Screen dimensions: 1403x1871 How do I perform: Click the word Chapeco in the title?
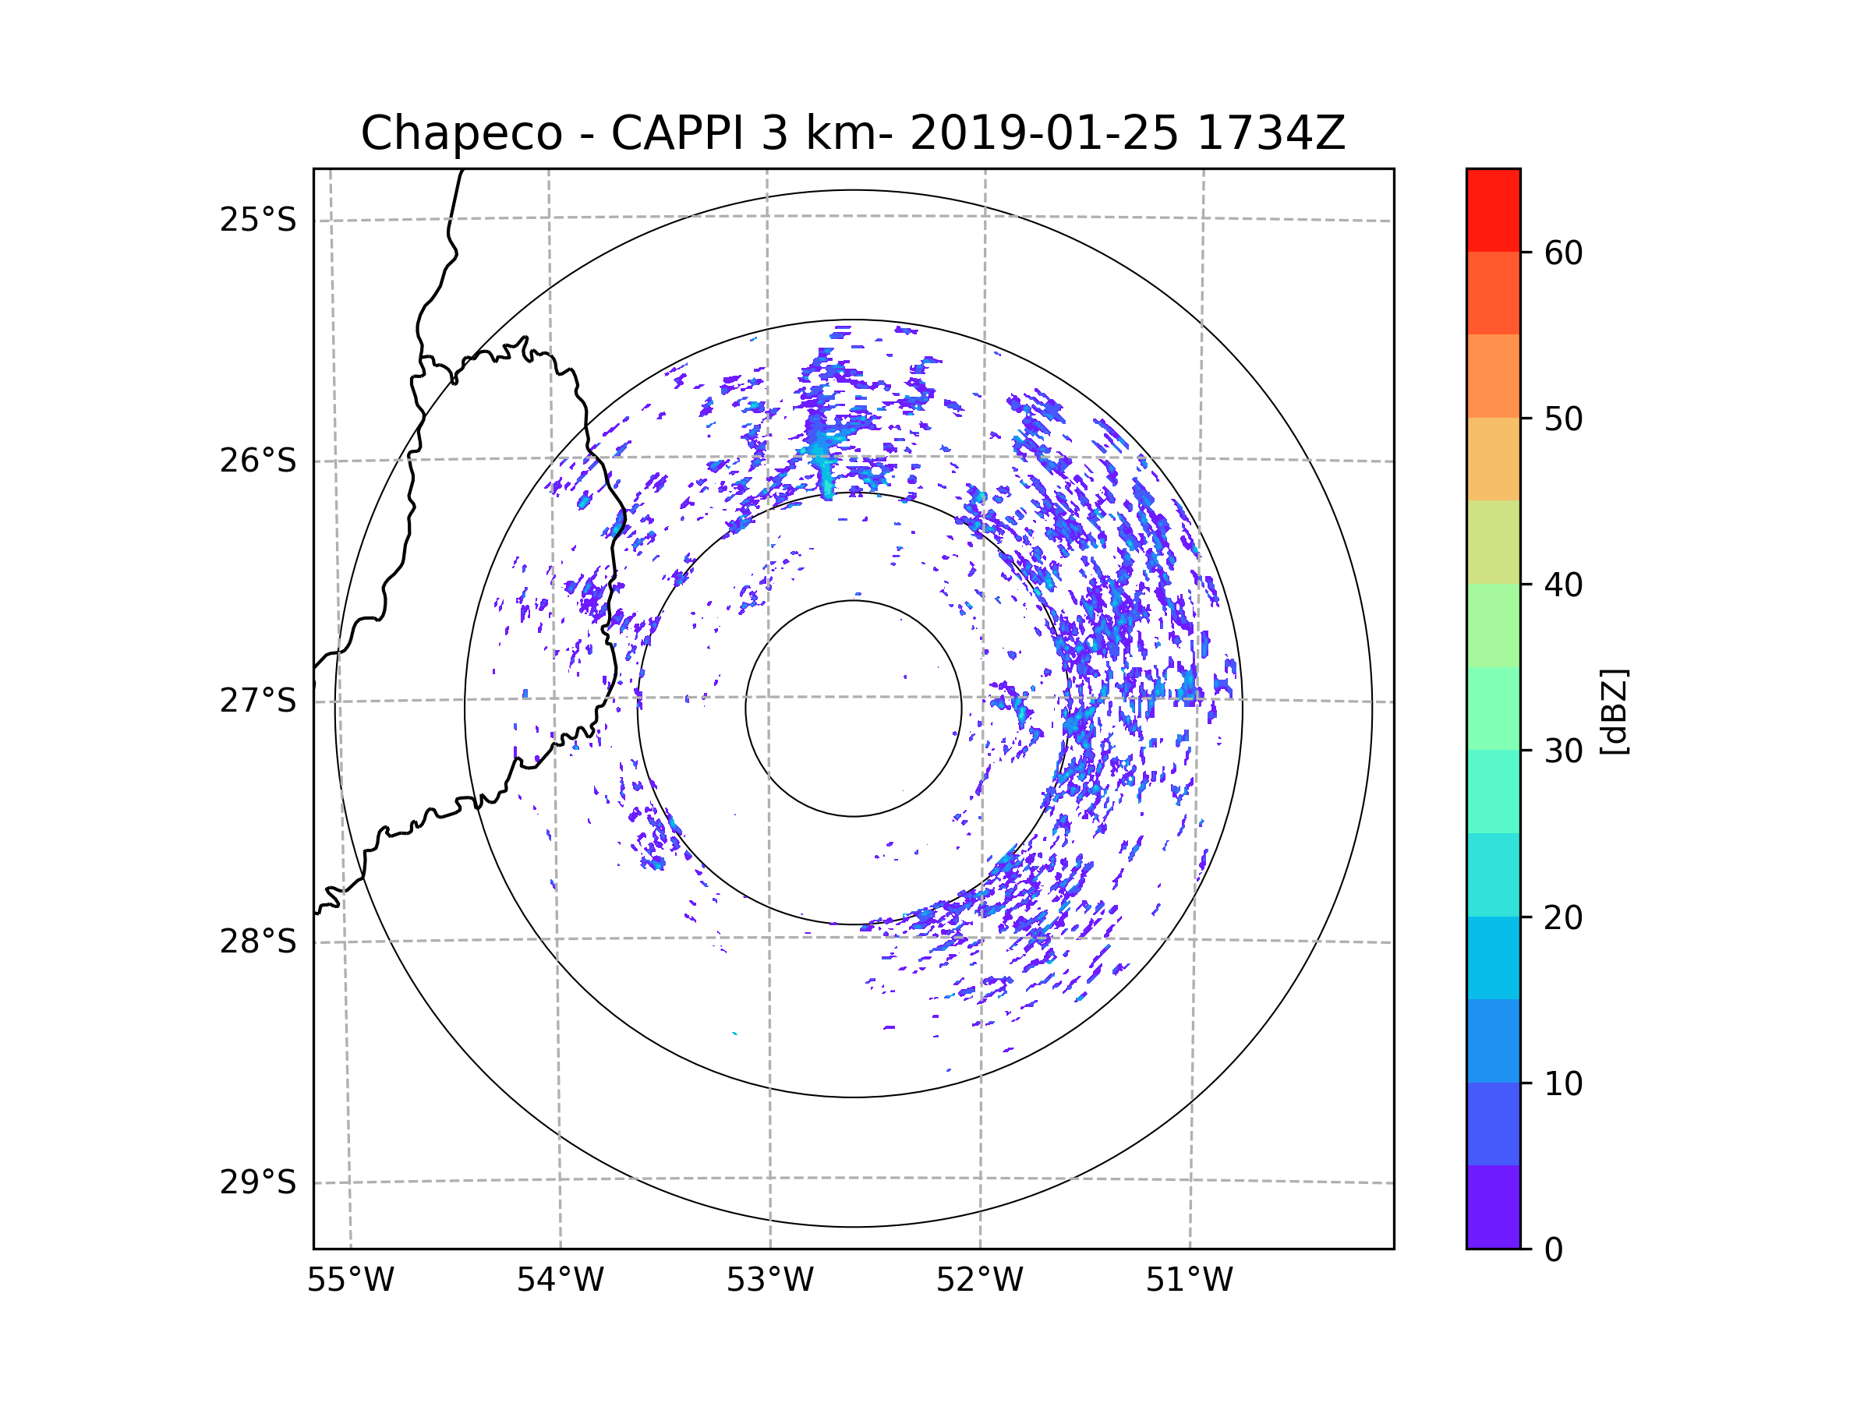coord(461,133)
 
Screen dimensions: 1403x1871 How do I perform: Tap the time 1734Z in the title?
coord(1271,133)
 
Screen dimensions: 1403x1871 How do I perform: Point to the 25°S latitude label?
coord(258,220)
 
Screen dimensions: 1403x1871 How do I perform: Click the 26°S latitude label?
coord(258,461)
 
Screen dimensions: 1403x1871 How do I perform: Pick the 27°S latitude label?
coord(258,701)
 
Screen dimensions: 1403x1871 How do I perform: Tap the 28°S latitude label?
coord(258,942)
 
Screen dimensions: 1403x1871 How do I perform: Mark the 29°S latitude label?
coord(258,1182)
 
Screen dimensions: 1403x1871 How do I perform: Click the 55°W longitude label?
coord(350,1281)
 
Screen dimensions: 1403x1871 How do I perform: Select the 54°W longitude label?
coord(560,1281)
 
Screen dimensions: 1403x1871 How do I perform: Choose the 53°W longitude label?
coord(769,1281)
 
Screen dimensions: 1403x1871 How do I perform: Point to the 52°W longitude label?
coord(979,1281)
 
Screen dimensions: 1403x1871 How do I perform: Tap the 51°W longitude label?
coord(1189,1281)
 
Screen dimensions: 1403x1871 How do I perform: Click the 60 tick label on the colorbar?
coord(1563,253)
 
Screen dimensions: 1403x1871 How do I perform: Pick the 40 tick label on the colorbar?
coord(1563,585)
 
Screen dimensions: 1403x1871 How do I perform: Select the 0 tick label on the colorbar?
coord(1554,1250)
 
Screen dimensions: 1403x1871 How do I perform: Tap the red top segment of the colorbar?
coord(1493,210)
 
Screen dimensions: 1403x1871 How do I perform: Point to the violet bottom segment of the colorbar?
coord(1493,1207)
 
